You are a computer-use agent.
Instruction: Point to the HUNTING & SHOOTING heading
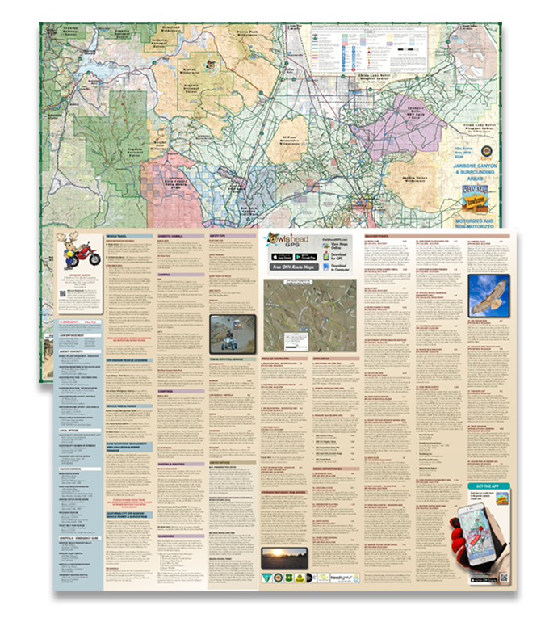[179, 464]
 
